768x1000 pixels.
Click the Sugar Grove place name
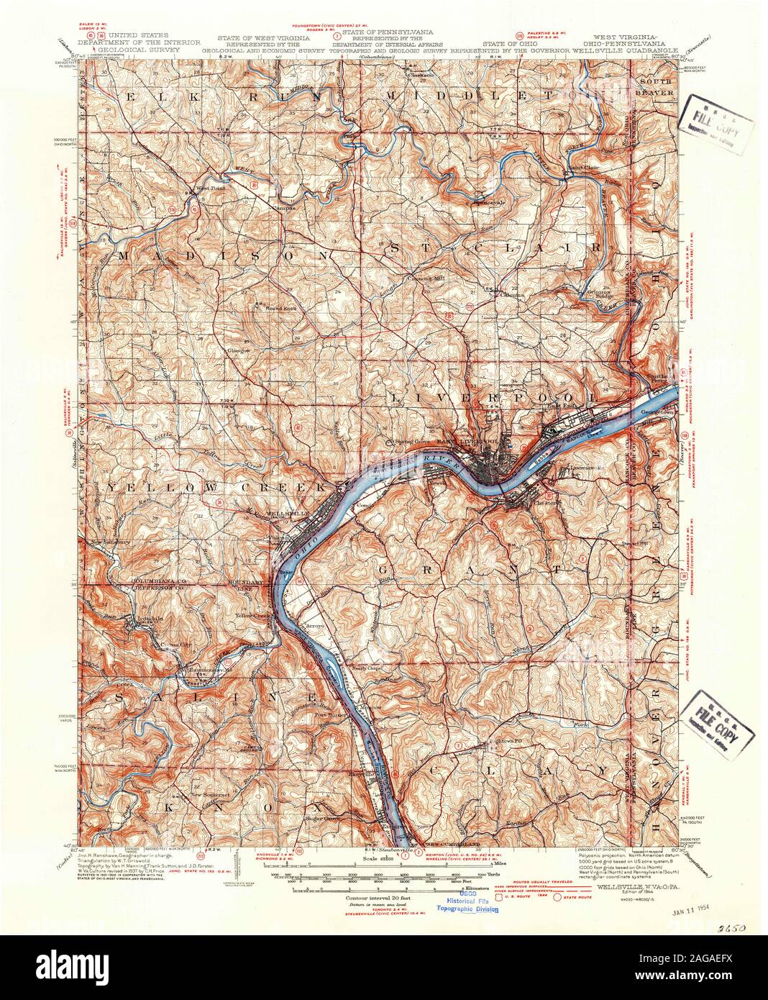click(321, 818)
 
